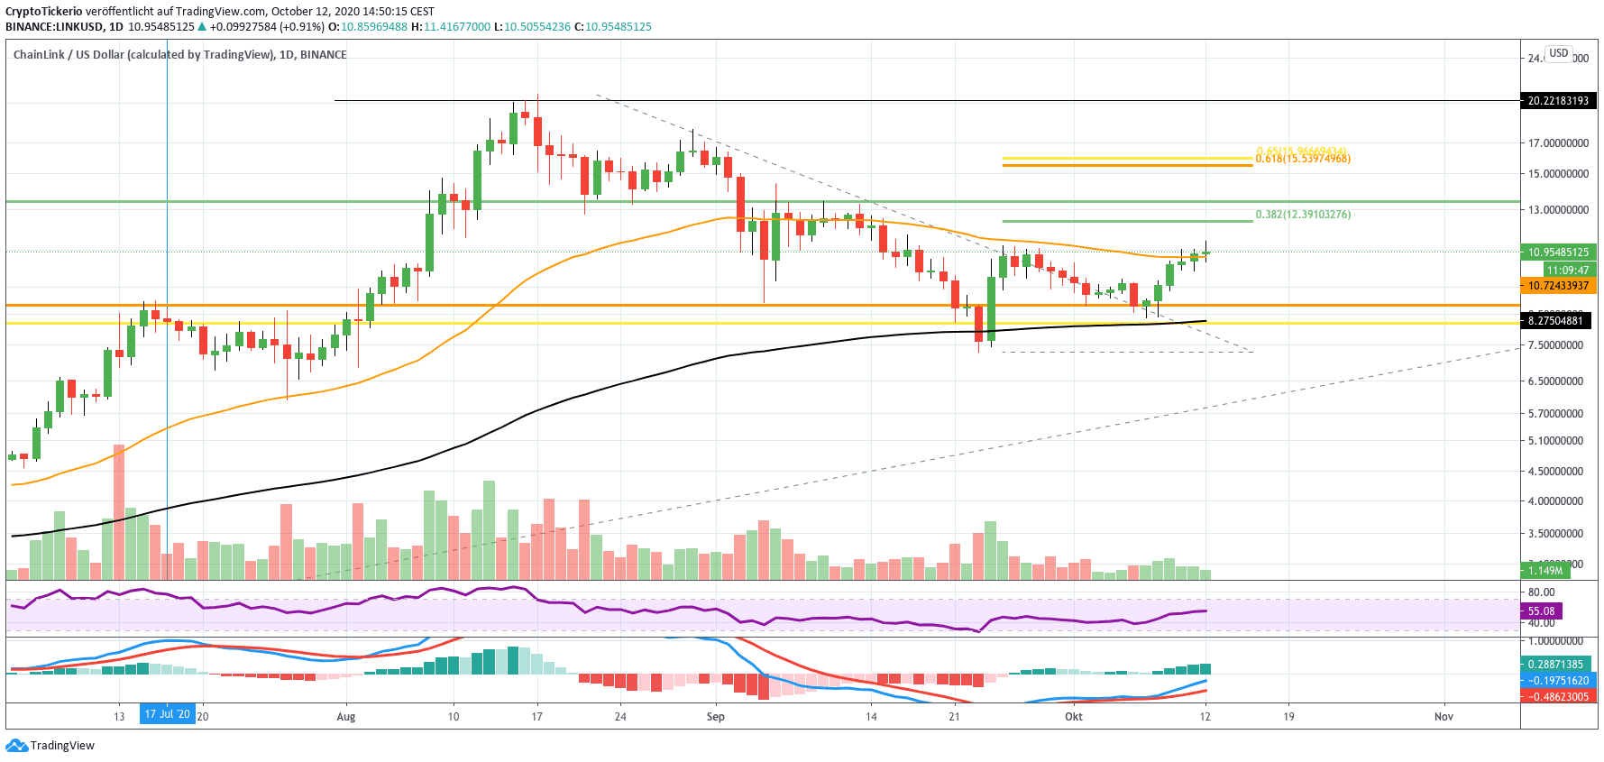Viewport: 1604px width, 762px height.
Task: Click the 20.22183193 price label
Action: (x=1557, y=101)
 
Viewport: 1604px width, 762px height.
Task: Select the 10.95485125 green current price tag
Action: (x=1557, y=252)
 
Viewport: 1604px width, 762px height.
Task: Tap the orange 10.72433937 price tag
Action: (x=1557, y=286)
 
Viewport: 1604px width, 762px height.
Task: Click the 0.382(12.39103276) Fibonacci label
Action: (x=1303, y=215)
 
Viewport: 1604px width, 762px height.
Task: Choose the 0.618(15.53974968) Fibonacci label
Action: (x=1303, y=159)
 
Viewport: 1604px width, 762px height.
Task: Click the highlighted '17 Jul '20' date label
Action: (x=168, y=715)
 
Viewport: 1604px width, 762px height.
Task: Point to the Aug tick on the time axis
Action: (x=346, y=717)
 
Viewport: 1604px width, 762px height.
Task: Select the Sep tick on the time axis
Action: (x=716, y=717)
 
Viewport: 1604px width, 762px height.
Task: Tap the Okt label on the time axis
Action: (x=1073, y=717)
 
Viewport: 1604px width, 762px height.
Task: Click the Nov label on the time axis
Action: (x=1444, y=717)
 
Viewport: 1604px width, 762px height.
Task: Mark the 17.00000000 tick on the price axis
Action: (x=1557, y=143)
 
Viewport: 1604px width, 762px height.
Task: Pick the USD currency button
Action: (x=1559, y=53)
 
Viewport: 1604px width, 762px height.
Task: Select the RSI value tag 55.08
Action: (x=1542, y=611)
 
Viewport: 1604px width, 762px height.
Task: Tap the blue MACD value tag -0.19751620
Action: (x=1557, y=681)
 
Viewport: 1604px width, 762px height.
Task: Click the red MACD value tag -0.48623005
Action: (x=1557, y=697)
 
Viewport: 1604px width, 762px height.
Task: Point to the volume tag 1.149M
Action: (x=1544, y=571)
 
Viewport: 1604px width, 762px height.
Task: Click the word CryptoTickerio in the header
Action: (x=43, y=12)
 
